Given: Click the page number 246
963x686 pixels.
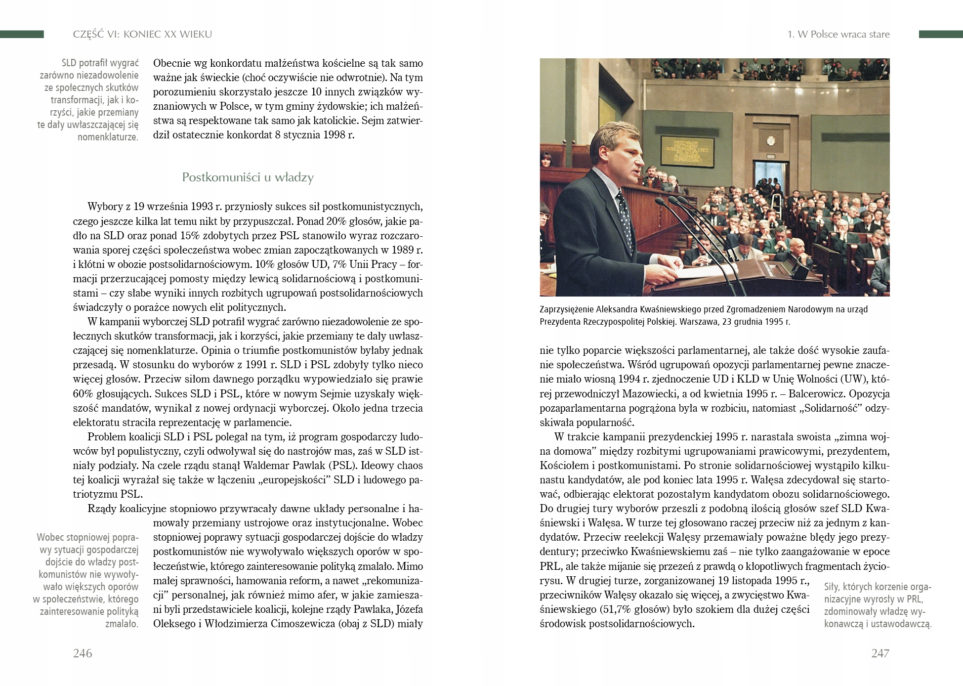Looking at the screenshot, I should [83, 653].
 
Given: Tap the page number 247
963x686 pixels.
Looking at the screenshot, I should [880, 653].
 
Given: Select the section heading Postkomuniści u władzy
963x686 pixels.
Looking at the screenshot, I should [248, 177].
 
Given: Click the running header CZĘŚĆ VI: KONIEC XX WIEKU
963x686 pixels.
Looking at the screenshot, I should [142, 34].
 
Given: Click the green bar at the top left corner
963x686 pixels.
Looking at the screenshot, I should [22, 34].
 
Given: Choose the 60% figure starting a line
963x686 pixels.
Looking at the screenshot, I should [83, 394].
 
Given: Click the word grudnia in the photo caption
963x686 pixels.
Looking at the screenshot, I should [740, 321].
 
